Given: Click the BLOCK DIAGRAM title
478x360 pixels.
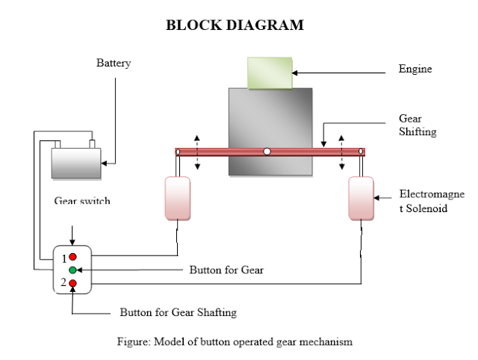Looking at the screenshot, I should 235,25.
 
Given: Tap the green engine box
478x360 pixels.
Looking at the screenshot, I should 269,72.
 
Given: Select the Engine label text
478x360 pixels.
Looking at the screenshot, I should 415,69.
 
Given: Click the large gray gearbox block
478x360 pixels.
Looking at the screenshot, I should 270,131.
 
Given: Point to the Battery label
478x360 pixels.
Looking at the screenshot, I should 114,63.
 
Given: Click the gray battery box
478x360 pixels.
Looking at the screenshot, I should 75,163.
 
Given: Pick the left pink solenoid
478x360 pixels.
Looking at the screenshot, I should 178,198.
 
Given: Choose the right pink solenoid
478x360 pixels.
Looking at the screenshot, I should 361,198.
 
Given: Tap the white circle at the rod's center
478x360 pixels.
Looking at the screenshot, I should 267,152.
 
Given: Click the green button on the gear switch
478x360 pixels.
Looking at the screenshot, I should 72,269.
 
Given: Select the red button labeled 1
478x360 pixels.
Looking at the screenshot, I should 73,257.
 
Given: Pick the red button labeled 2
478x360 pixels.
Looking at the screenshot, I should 73,283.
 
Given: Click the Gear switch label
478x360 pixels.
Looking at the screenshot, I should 82,201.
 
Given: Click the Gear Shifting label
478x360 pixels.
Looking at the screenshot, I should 418,125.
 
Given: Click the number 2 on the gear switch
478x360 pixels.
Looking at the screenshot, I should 65,283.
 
